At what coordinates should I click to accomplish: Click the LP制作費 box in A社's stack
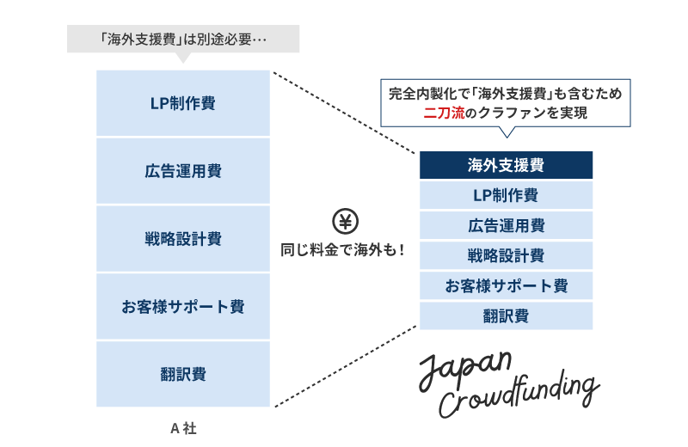[183, 103]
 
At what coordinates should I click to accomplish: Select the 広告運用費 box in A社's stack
[183, 171]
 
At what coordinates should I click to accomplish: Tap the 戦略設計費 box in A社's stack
[183, 239]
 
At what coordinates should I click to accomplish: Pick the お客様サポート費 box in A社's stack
[183, 307]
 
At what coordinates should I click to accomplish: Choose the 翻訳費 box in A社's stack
[183, 374]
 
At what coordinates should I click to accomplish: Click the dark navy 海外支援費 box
[506, 165]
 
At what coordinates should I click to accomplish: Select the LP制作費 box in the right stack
[506, 195]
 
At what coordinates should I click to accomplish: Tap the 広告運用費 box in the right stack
[506, 226]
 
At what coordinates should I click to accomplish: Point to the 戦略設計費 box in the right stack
[506, 255]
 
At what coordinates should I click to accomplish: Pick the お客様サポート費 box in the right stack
[506, 285]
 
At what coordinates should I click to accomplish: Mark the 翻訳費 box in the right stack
[506, 315]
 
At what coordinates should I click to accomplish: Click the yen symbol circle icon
[345, 222]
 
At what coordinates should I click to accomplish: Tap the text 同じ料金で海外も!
[343, 250]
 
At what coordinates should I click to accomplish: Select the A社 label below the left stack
[183, 427]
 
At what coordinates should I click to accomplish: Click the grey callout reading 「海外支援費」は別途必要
[183, 39]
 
